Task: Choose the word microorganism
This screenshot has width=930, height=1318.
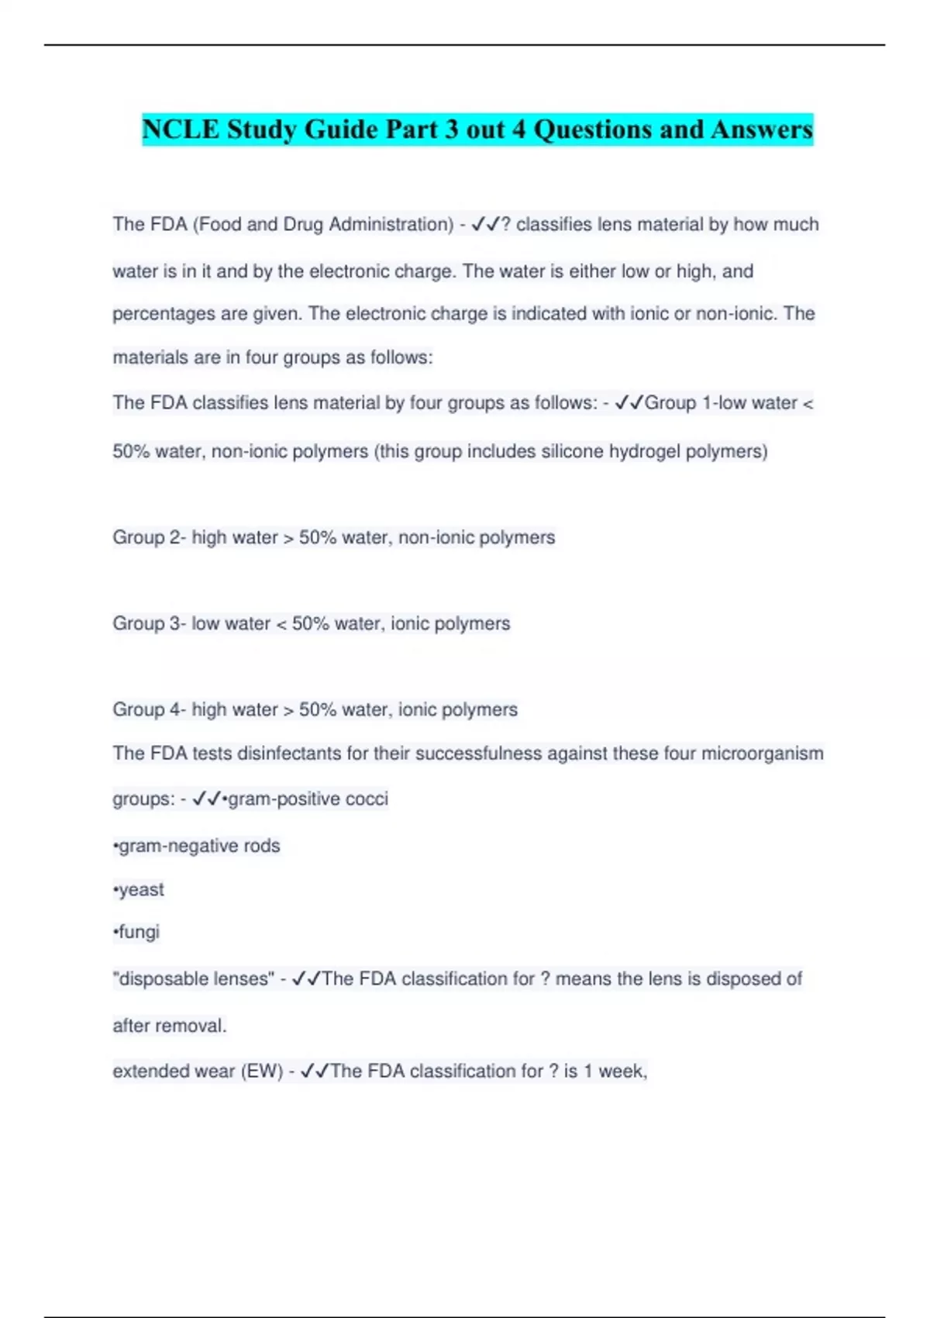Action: (x=762, y=754)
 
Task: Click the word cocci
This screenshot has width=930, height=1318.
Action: (x=367, y=799)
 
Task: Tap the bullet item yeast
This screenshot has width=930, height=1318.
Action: (x=140, y=890)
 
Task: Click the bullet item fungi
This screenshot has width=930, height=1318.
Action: (x=138, y=932)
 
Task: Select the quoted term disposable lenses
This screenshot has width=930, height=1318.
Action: (x=194, y=979)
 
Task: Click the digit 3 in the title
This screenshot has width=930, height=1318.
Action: (x=451, y=129)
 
